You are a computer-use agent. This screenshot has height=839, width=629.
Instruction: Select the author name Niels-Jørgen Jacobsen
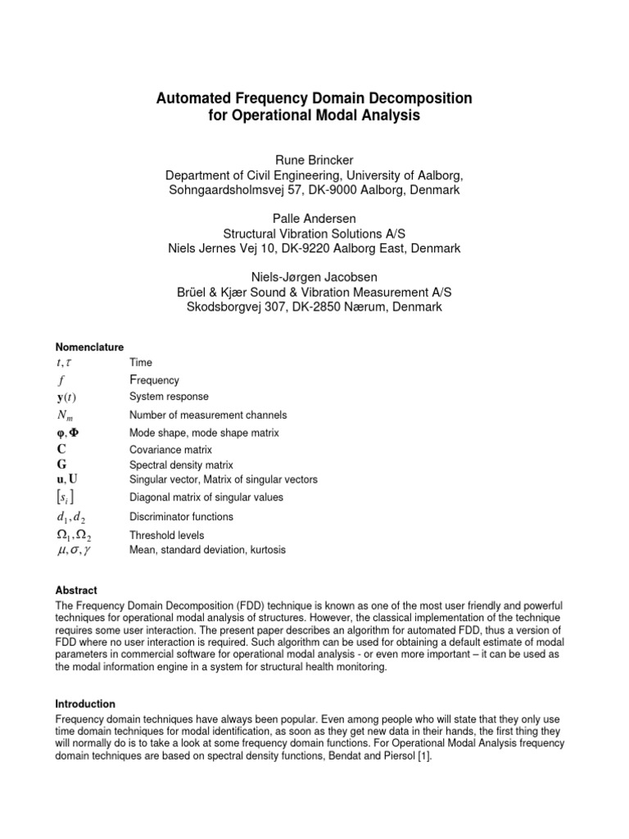pyautogui.click(x=314, y=276)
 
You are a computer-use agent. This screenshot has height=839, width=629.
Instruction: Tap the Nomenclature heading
pyautogui.click(x=89, y=347)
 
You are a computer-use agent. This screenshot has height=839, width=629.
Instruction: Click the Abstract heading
pyautogui.click(x=76, y=590)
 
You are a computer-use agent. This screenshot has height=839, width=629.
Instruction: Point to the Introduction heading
pyautogui.click(x=85, y=704)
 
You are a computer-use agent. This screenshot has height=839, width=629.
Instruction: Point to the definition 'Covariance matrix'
pyautogui.click(x=170, y=450)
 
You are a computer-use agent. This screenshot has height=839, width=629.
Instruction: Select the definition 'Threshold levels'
pyautogui.click(x=167, y=535)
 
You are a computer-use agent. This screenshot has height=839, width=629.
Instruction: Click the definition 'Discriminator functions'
pyautogui.click(x=181, y=517)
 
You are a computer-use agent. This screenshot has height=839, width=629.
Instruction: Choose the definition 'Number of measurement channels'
pyautogui.click(x=208, y=415)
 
